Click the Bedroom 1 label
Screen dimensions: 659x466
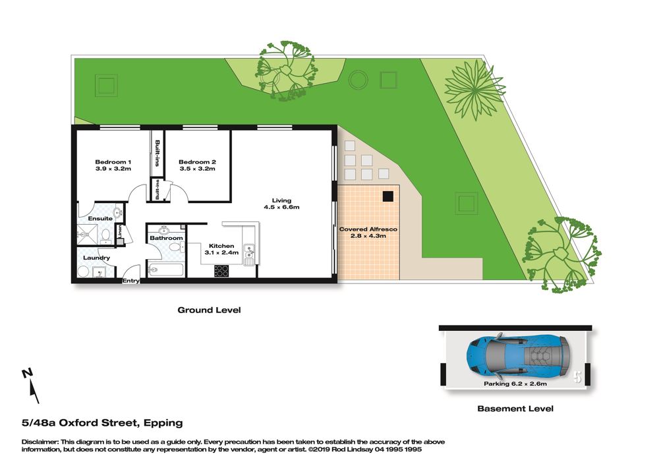[x=113, y=161]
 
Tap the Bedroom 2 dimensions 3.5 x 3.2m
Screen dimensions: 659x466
[x=197, y=169]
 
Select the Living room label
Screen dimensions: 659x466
[x=281, y=200]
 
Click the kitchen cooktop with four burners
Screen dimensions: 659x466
[x=221, y=271]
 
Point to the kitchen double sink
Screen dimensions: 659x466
[x=249, y=254]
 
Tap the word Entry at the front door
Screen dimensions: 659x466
[x=130, y=281]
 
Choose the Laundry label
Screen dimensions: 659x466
[x=97, y=258]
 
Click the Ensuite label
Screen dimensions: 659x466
[x=100, y=219]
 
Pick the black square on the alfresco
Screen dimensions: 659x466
[x=388, y=196]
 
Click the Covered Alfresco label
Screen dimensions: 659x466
[x=368, y=229]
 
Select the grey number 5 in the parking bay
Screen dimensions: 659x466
[x=578, y=377]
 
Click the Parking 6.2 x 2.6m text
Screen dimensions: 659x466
[x=515, y=384]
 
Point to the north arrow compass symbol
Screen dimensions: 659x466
[x=30, y=386]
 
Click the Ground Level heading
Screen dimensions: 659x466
[x=209, y=310]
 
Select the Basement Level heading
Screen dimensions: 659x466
[x=515, y=409]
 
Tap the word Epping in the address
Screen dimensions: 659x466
[x=163, y=423]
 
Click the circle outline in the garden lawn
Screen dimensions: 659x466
[x=358, y=79]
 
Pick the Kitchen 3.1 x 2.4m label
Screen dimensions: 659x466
[x=221, y=249]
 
